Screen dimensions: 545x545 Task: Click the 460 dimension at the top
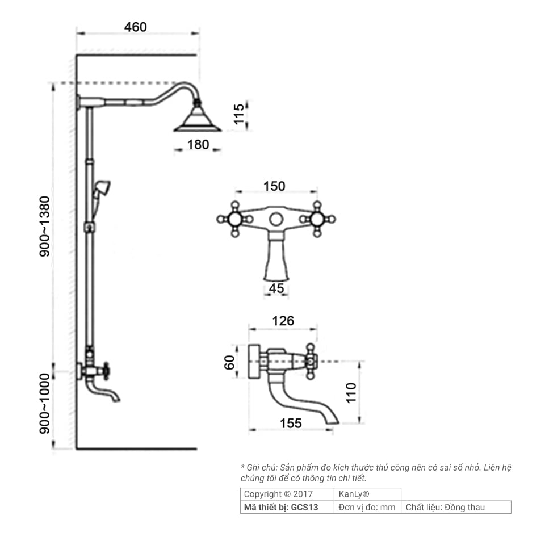136,27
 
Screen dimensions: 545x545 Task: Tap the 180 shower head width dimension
198,145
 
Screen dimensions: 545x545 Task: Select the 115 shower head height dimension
239,114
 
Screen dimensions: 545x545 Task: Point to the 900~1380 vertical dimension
44,227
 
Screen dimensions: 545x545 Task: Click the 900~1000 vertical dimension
44,404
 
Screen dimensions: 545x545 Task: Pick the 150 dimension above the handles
274,186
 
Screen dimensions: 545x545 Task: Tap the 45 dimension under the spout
276,288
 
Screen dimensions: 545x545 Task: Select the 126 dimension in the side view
283,321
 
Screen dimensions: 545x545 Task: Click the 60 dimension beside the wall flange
229,363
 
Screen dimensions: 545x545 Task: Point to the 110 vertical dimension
351,393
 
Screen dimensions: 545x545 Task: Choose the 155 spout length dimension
291,424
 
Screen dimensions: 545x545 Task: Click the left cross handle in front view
235,219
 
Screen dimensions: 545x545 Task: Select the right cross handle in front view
317,219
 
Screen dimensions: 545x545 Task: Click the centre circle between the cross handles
276,219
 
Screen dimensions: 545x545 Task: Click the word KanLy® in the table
354,494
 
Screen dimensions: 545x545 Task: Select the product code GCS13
304,508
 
